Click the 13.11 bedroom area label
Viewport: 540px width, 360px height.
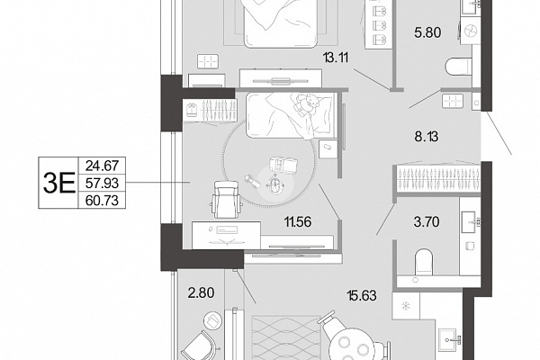pyautogui.click(x=336, y=58)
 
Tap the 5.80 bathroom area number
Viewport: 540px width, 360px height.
pyautogui.click(x=427, y=32)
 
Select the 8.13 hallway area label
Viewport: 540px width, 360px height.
pyautogui.click(x=427, y=137)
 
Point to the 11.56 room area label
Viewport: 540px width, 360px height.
pyautogui.click(x=298, y=222)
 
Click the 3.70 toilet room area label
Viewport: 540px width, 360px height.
pyautogui.click(x=427, y=222)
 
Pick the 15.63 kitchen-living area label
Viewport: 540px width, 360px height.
pyautogui.click(x=362, y=295)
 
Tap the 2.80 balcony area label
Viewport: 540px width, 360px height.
pyautogui.click(x=201, y=293)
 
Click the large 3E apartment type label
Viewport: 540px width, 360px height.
pyautogui.click(x=58, y=183)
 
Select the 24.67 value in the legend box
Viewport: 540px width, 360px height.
pyautogui.click(x=102, y=166)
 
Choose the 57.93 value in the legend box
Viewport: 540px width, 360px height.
pyautogui.click(x=102, y=183)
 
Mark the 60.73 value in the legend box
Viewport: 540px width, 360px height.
pyautogui.click(x=102, y=200)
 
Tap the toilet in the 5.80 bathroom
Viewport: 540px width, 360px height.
pyautogui.click(x=458, y=67)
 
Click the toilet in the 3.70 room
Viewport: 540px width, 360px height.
pyautogui.click(x=424, y=262)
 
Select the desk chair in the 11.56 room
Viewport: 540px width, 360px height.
pyautogui.click(x=226, y=199)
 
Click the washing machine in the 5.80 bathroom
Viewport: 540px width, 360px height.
pyautogui.click(x=470, y=31)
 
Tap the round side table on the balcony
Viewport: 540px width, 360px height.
pyautogui.click(x=213, y=320)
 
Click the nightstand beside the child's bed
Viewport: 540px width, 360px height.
pyautogui.click(x=328, y=148)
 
